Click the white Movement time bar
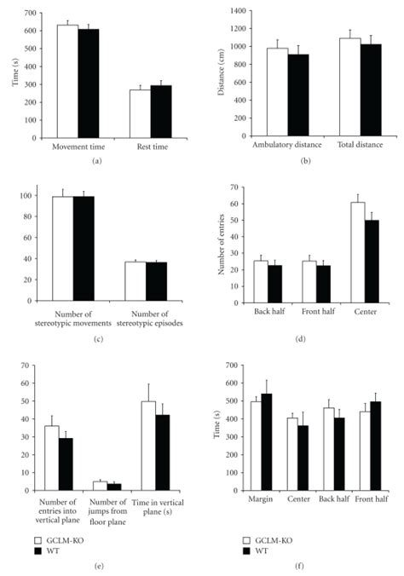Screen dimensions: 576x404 [x=66, y=81]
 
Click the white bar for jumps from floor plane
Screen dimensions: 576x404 [x=100, y=486]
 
